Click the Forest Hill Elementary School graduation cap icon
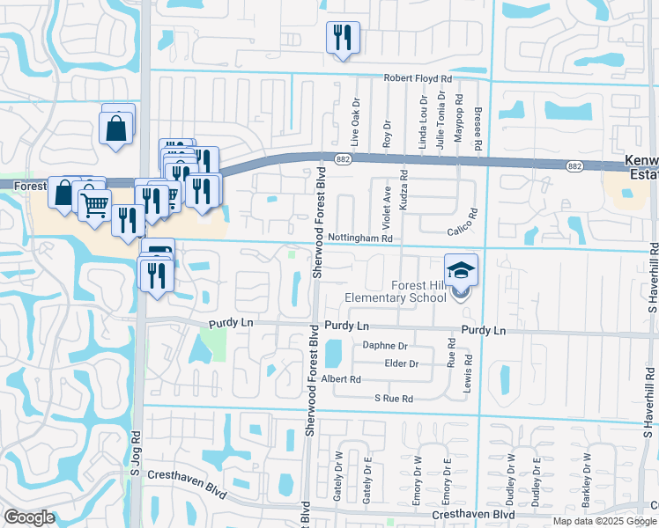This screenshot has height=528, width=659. [x=462, y=269]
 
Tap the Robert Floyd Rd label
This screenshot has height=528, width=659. [x=418, y=78]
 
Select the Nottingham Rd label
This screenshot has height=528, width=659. [x=359, y=238]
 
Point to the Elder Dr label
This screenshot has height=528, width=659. [x=401, y=363]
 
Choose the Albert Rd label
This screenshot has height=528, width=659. [x=341, y=379]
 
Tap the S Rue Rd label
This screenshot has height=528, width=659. [x=394, y=399]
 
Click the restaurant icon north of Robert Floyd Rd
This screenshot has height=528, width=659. [x=342, y=38]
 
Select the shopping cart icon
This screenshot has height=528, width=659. [x=94, y=206]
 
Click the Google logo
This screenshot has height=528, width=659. [x=30, y=517]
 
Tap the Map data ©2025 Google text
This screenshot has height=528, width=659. [x=603, y=521]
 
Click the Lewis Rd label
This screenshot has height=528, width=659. [x=469, y=372]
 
